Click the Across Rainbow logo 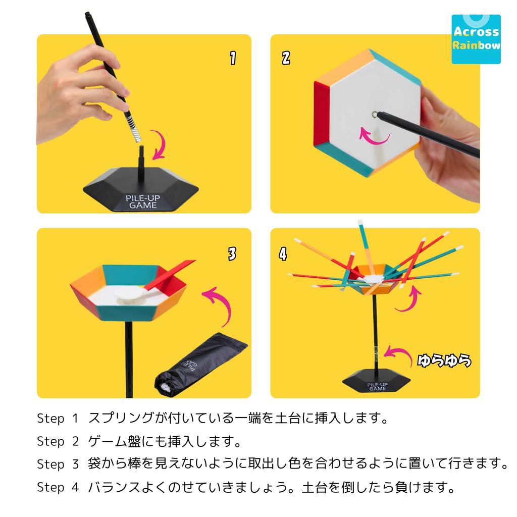tap(476, 39)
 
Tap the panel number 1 tap(232, 58)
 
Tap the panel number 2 tap(286, 58)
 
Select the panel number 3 tap(232, 254)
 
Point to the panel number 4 tap(282, 254)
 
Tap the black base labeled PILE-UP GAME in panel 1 tap(141, 192)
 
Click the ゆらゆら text tap(444, 360)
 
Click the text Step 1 tap(58, 419)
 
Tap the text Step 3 tap(58, 464)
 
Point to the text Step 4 tap(58, 488)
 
